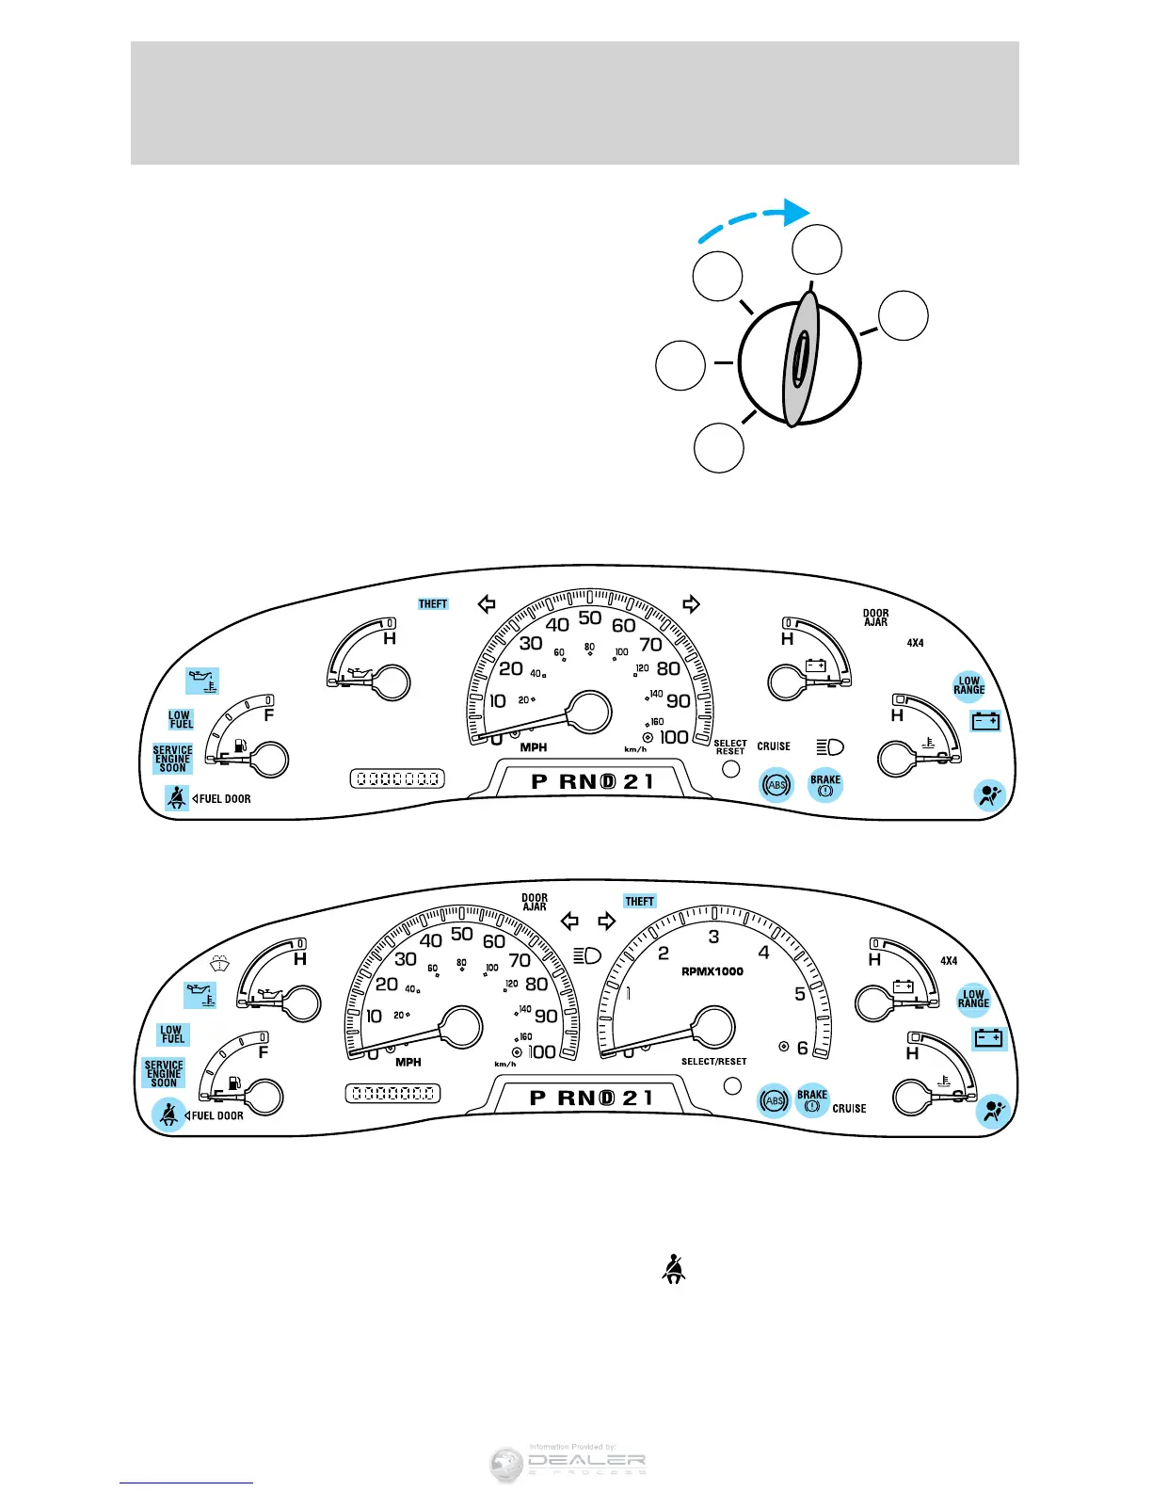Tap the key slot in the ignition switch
pos(798,359)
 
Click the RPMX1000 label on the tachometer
pos(712,971)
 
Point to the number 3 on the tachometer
pos(713,937)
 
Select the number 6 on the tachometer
pos(803,1048)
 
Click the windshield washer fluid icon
pos(220,963)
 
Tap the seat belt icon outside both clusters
pos(673,1270)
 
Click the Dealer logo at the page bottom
pos(568,1465)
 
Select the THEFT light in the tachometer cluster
pos(639,901)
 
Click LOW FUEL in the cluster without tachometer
pos(181,720)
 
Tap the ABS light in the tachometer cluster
pos(775,1100)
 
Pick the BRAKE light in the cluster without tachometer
pos(825,785)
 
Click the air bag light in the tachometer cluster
pos(993,1112)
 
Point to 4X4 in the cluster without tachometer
pos(915,643)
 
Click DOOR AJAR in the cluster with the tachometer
pos(535,902)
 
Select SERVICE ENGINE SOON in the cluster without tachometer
pos(172,759)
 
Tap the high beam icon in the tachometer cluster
pos(587,956)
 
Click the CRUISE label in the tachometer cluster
pos(849,1109)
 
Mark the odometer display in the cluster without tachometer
pos(396,779)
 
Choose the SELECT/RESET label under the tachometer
pos(713,1062)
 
